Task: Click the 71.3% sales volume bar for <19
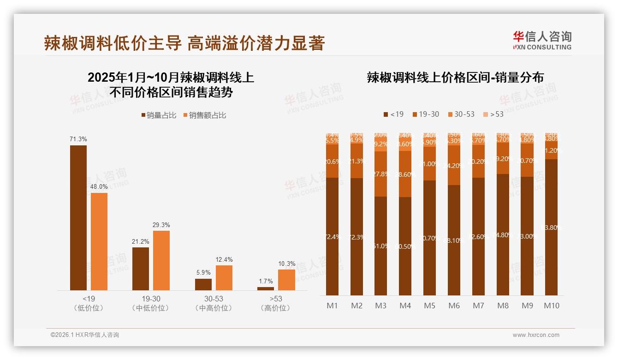78,218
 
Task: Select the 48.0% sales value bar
99,241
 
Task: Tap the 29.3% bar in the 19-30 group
161,260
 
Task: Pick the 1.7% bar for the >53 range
265,288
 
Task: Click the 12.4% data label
224,259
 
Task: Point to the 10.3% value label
286,264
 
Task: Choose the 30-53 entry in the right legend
461,114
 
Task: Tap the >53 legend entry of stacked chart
493,114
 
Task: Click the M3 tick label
380,306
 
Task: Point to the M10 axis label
551,306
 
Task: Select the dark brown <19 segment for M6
454,240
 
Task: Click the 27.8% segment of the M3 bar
380,174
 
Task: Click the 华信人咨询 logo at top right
542,40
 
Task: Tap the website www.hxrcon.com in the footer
535,335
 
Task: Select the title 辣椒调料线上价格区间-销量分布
455,78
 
